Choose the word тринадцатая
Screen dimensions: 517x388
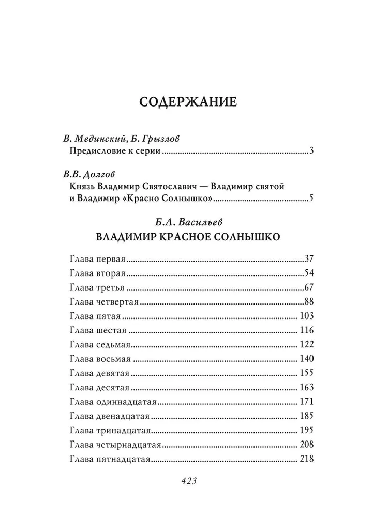tap(122, 429)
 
